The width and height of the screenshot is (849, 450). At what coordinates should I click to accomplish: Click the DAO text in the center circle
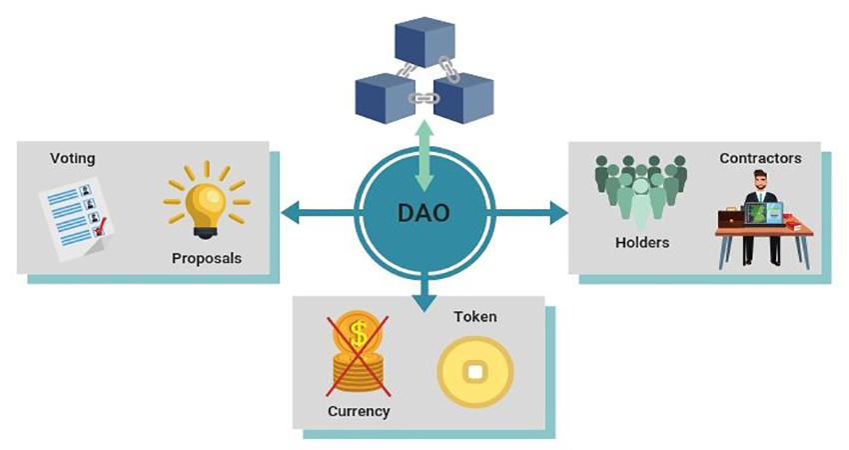pos(424,213)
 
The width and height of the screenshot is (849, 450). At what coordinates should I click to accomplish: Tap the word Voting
pos(73,158)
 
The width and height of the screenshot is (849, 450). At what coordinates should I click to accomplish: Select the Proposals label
pos(207,258)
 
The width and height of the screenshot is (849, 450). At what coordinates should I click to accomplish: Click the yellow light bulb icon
pos(207,201)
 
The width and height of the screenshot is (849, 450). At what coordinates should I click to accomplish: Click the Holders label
pos(641,242)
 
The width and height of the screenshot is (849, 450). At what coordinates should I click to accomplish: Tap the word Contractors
pos(760,158)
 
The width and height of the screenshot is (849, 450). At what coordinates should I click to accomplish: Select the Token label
pos(475,317)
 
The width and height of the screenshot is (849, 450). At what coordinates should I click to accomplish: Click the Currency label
pos(359,411)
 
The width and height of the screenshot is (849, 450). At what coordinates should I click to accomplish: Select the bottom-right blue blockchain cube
pos(464,98)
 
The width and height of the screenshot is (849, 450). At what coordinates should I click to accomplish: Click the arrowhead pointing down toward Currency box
pos(424,297)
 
